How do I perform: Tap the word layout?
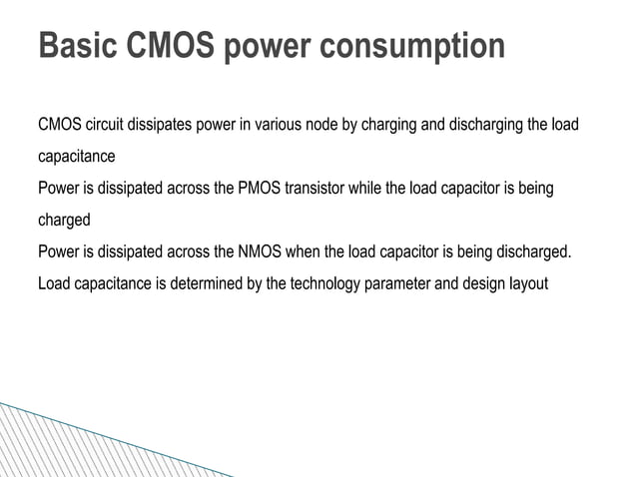(525, 283)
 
